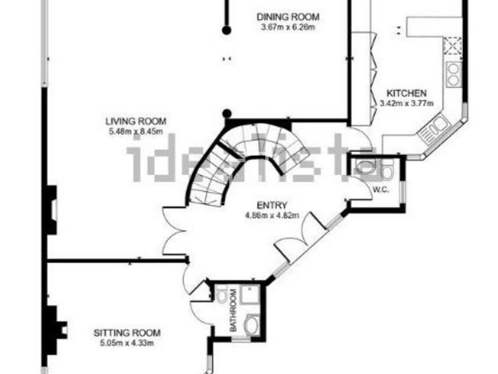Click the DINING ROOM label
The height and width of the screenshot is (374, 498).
point(288,17)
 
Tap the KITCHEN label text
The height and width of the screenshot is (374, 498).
point(406,93)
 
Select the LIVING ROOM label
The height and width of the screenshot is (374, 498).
point(136,121)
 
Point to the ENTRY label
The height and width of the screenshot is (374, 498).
point(272,205)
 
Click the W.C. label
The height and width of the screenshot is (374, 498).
point(381,189)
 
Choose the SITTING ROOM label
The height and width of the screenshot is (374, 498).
point(127,333)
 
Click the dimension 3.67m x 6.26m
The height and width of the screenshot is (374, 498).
point(288,27)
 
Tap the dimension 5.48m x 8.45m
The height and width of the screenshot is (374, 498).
point(136,131)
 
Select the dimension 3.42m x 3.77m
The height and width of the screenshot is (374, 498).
point(406,103)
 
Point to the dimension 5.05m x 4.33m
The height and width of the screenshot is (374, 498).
point(127,343)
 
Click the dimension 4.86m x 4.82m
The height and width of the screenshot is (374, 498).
point(272,215)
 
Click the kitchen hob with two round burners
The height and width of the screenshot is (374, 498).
point(453,74)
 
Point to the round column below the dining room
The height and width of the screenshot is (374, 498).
point(227,113)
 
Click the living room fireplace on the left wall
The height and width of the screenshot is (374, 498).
point(51,210)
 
